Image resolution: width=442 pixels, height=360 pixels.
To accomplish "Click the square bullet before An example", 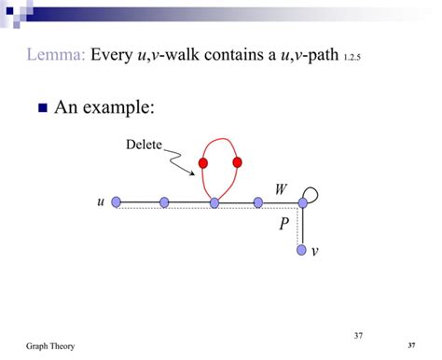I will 42,109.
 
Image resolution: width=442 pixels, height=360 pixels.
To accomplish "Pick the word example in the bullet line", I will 118,108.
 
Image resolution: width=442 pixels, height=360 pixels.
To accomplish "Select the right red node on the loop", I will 237,162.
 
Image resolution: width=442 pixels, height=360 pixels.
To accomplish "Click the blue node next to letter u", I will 116,201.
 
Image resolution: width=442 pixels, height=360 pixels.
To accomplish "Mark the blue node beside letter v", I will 302,250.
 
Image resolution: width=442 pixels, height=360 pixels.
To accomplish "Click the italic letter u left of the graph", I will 100,201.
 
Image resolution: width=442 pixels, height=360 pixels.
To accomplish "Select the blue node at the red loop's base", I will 214,201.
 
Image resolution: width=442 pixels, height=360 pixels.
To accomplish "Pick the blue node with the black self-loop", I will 302,201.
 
